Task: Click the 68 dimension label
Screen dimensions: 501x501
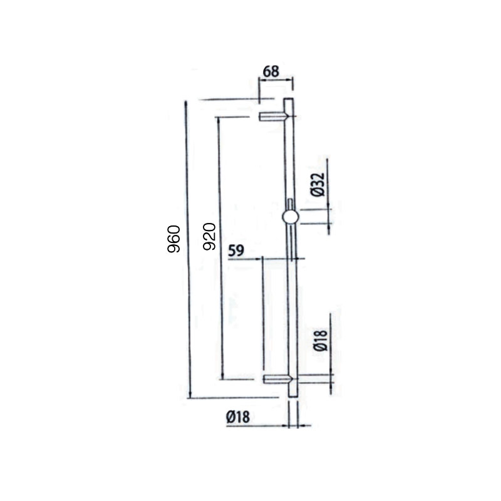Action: (x=271, y=71)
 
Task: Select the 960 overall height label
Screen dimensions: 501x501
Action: (x=175, y=238)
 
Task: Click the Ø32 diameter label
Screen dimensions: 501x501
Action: (x=318, y=183)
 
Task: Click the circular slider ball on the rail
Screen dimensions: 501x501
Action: (x=290, y=217)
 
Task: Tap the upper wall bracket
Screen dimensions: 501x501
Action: (x=273, y=116)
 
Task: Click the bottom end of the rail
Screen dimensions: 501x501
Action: (x=292, y=394)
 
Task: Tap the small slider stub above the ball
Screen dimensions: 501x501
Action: (x=290, y=204)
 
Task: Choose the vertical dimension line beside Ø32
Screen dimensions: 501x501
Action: (x=330, y=188)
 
